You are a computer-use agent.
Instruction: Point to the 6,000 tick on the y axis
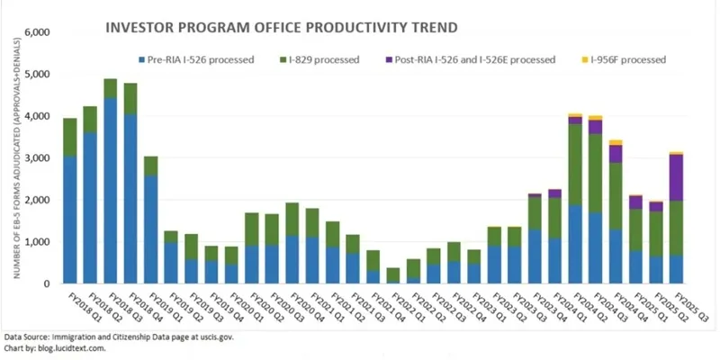[35, 33]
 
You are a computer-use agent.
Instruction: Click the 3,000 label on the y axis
[35, 158]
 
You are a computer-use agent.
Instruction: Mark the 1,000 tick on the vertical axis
[35, 242]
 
